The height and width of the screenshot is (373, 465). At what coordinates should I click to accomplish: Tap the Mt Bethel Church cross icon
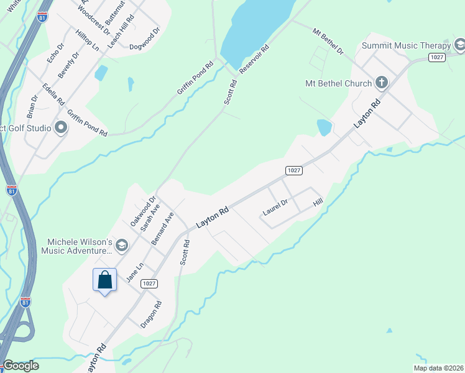[382, 83]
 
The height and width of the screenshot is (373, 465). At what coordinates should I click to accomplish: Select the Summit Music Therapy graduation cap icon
[459, 45]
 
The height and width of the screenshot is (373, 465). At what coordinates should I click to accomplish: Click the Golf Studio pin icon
[61, 128]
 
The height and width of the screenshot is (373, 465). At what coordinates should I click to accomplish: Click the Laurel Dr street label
[275, 207]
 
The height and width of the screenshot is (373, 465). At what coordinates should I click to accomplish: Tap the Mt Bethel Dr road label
[328, 40]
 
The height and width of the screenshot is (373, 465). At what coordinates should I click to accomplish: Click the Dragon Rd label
[151, 315]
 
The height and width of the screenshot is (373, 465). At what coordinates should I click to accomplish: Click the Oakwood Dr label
[138, 211]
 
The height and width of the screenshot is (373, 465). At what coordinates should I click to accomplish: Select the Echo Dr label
[55, 53]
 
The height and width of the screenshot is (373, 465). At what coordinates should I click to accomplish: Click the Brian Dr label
[32, 106]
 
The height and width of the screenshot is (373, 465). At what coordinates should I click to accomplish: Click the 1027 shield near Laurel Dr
[294, 170]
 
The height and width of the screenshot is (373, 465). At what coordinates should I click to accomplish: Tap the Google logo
[21, 366]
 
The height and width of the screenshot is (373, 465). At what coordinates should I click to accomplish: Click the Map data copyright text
[438, 368]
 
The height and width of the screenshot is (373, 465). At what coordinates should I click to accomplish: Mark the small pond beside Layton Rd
[324, 127]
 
